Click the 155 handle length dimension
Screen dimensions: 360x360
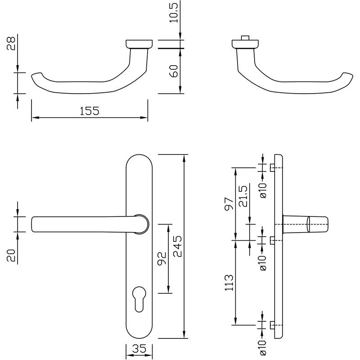tap(89, 111)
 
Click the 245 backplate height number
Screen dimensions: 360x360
tap(177, 246)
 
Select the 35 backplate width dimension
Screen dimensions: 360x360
tap(139, 348)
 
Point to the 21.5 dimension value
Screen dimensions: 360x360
tap(243, 196)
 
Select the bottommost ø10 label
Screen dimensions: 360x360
tap(264, 348)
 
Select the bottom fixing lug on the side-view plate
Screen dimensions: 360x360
tap(272, 325)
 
